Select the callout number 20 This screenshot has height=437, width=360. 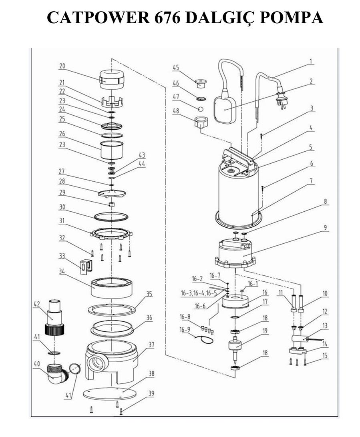coord(62,66)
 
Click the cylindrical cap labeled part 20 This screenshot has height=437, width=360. coord(112,79)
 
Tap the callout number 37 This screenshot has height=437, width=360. coord(151,345)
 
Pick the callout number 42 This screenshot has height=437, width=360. coord(37,304)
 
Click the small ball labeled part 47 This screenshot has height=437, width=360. coord(200,109)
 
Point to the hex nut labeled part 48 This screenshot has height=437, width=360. coord(200,122)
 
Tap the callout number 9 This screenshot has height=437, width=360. coord(325,227)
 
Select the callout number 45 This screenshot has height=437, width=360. coord(176,68)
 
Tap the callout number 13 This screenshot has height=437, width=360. coord(325,326)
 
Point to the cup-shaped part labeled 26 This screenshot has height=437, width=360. coord(112,149)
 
